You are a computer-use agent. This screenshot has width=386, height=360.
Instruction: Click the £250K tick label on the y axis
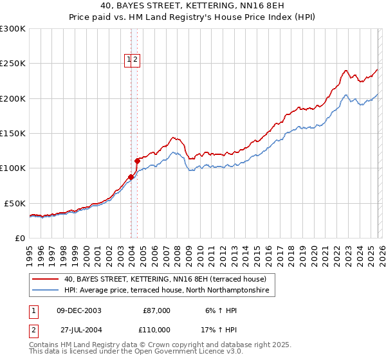tap(13, 64)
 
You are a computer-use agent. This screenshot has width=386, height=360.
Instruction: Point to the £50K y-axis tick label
tap(15, 203)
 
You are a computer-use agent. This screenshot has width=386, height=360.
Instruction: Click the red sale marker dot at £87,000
tap(131, 177)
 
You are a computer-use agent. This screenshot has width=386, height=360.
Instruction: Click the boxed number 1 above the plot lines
tap(129, 60)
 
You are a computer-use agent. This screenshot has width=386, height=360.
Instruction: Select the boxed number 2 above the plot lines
tap(136, 60)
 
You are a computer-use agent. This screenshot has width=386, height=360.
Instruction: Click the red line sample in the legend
tap(45, 280)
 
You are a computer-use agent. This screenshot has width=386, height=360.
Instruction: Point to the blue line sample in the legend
tap(45, 291)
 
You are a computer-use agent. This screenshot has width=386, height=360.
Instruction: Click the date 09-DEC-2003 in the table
tap(79, 310)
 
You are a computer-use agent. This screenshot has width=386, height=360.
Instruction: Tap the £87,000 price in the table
tap(156, 310)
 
